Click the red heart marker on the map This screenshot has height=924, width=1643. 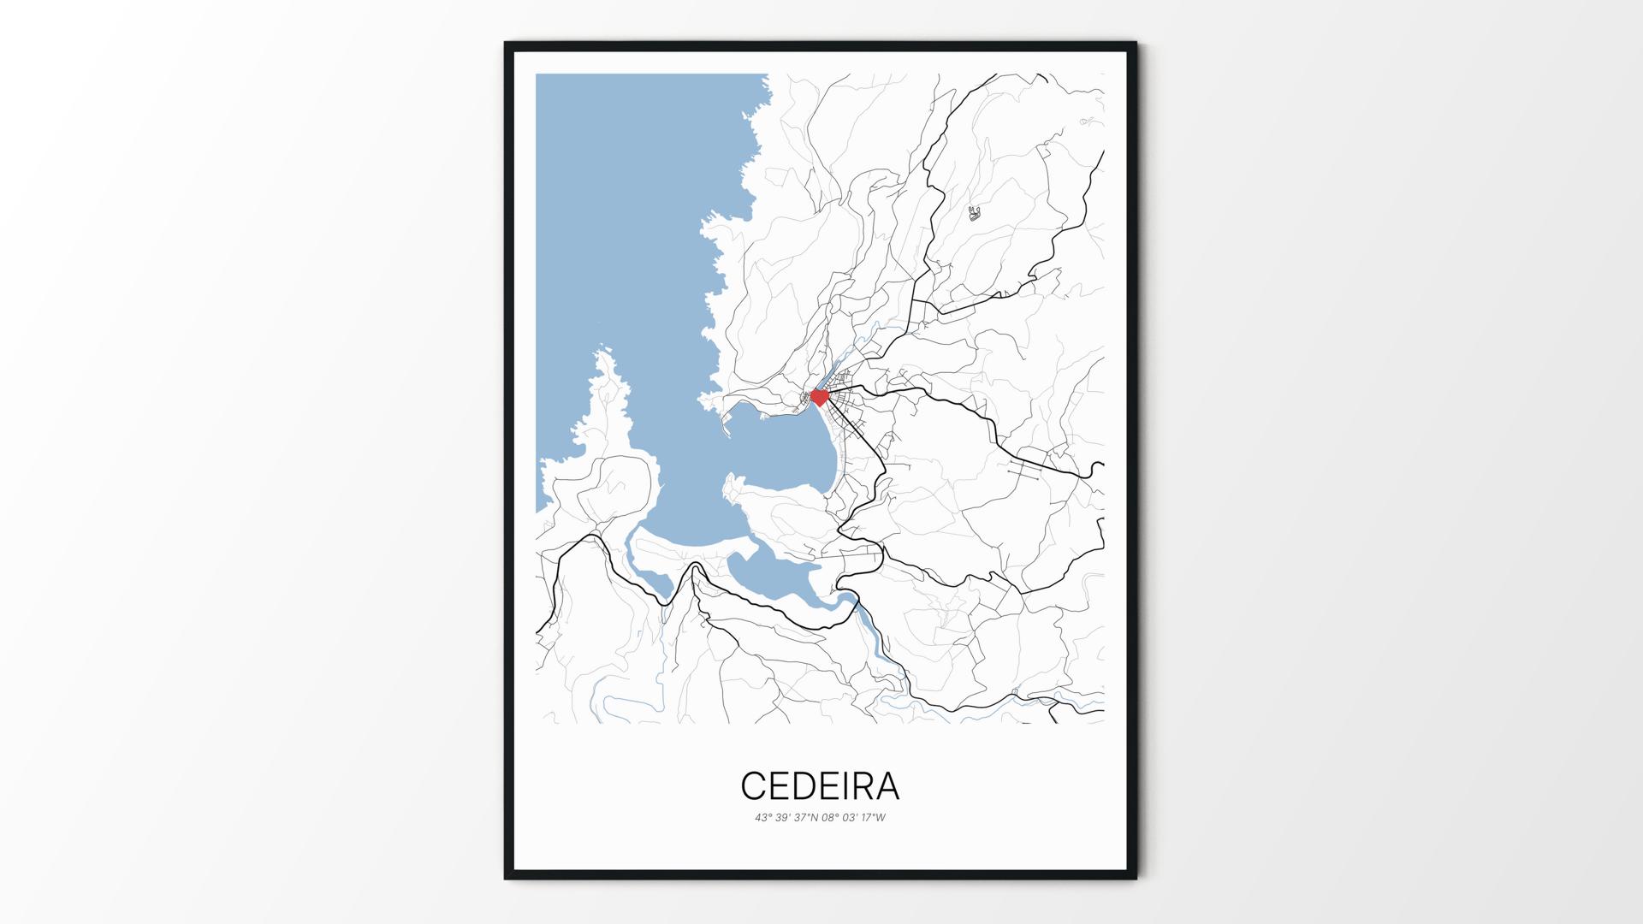(819, 397)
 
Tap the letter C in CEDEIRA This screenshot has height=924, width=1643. (753, 785)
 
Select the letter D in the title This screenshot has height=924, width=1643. (809, 785)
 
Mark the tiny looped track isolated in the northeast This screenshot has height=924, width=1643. (974, 213)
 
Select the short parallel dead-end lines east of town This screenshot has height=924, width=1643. (1025, 470)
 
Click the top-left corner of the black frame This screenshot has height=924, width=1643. (506, 43)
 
